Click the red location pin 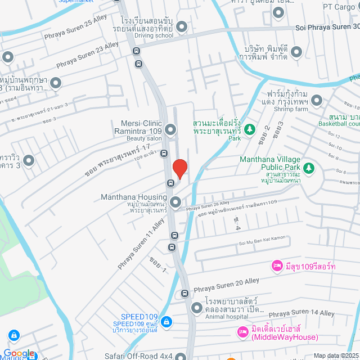[179, 169]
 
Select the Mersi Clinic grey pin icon [170, 130]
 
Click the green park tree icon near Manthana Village [308, 167]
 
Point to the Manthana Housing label [134, 197]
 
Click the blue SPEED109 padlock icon [165, 322]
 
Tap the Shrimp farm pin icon [317, 101]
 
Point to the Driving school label [154, 35]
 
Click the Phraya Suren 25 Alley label [75, 30]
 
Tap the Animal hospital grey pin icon [196, 308]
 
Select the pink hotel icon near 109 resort [276, 265]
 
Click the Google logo [18, 353]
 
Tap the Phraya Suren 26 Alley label [208, 206]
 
